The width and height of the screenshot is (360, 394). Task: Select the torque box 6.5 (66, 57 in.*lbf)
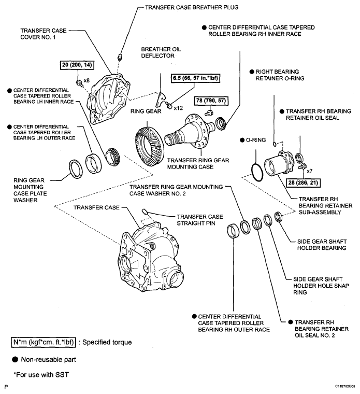(195, 78)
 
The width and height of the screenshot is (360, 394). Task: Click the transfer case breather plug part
(120, 57)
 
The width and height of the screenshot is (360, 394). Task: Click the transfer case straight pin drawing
(145, 212)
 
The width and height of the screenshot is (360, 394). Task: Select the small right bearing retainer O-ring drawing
(275, 144)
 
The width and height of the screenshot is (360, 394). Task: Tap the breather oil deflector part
(160, 99)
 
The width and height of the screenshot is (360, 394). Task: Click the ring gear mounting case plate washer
(76, 169)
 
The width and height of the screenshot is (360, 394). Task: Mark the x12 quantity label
(178, 108)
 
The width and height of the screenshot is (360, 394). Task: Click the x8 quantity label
(87, 80)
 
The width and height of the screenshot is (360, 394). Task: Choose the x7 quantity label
(310, 171)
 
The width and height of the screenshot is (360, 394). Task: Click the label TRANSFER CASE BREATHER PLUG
(192, 7)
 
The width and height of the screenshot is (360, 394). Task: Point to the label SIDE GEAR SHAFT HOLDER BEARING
(322, 245)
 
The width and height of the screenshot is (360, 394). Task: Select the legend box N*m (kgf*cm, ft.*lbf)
(43, 342)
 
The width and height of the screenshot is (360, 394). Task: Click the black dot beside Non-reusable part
(15, 360)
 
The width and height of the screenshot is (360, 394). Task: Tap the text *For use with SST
(41, 375)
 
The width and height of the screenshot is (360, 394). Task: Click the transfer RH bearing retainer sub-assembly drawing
(279, 164)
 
